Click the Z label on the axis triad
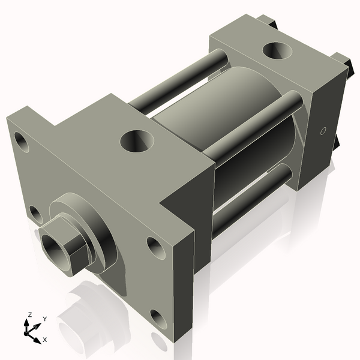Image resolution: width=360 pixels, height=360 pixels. tap(29, 314)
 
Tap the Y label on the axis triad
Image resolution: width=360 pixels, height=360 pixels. tap(44, 319)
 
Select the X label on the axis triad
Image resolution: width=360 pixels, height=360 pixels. tap(44, 340)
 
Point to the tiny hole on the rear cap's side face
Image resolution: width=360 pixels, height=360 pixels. tap(323, 131)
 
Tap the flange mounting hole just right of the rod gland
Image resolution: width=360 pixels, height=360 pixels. tap(153, 245)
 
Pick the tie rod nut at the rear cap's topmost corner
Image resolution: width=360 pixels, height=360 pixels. tap(266, 22)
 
